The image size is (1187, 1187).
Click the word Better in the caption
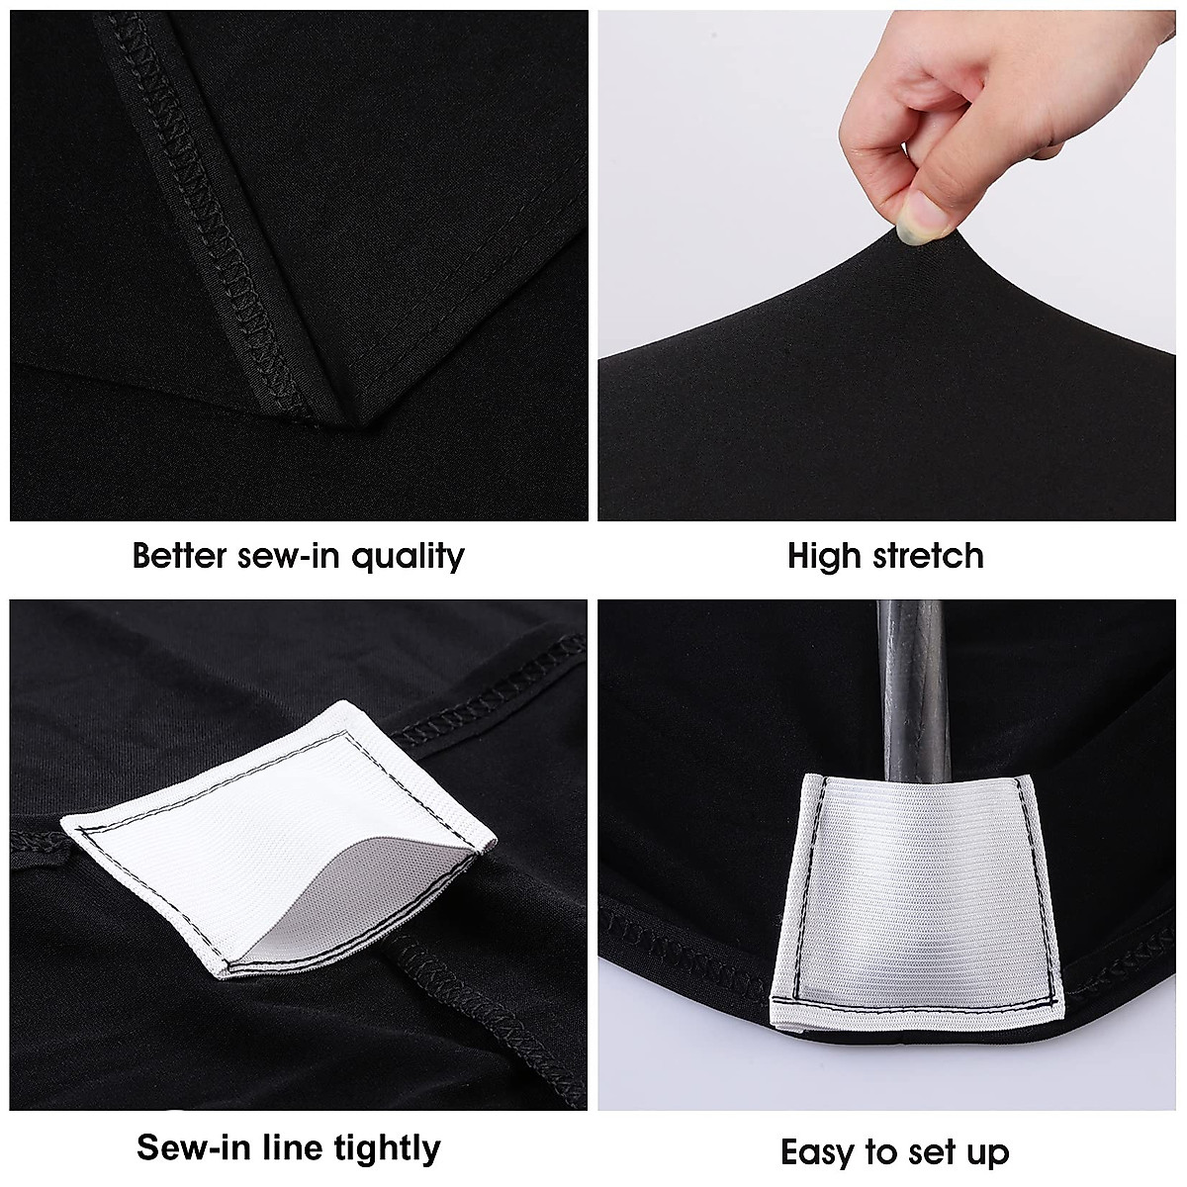(x=181, y=556)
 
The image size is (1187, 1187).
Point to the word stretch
(x=927, y=556)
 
